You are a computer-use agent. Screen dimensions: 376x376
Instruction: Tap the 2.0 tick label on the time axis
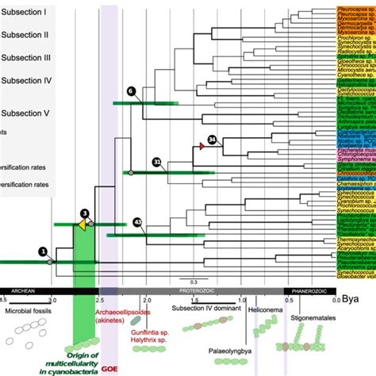pyautogui.click(x=146, y=301)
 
